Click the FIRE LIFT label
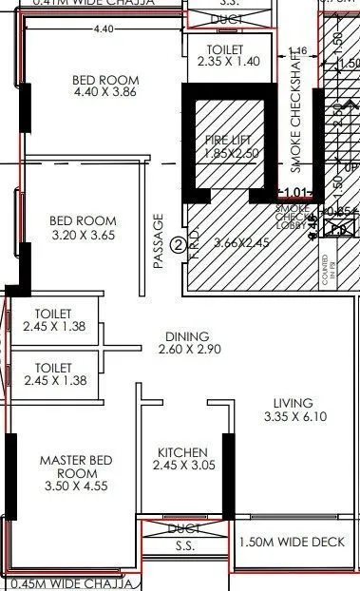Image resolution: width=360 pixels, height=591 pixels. (x=228, y=140)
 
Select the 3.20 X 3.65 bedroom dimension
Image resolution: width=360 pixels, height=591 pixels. (x=83, y=235)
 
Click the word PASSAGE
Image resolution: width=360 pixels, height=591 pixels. (x=159, y=238)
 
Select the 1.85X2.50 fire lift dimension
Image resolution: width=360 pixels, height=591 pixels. (x=228, y=152)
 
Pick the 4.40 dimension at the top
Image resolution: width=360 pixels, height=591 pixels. (x=104, y=29)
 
